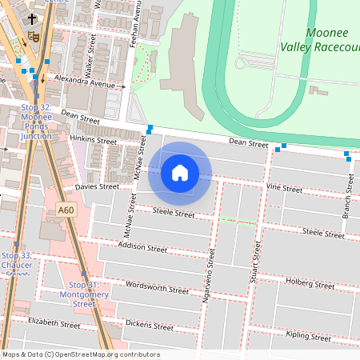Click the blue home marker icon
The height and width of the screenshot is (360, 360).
(x=180, y=172)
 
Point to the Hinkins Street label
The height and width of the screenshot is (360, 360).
(x=93, y=140)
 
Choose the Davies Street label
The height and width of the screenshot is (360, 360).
(x=97, y=186)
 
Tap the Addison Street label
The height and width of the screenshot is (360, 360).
(x=142, y=247)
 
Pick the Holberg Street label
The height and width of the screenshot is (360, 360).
(x=310, y=283)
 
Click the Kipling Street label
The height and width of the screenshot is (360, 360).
(x=307, y=337)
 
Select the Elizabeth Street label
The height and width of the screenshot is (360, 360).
(x=54, y=323)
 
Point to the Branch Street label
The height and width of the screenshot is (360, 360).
(x=349, y=194)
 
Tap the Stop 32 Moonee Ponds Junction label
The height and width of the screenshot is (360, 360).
(x=36, y=121)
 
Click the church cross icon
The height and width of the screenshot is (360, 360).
(x=32, y=19)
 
